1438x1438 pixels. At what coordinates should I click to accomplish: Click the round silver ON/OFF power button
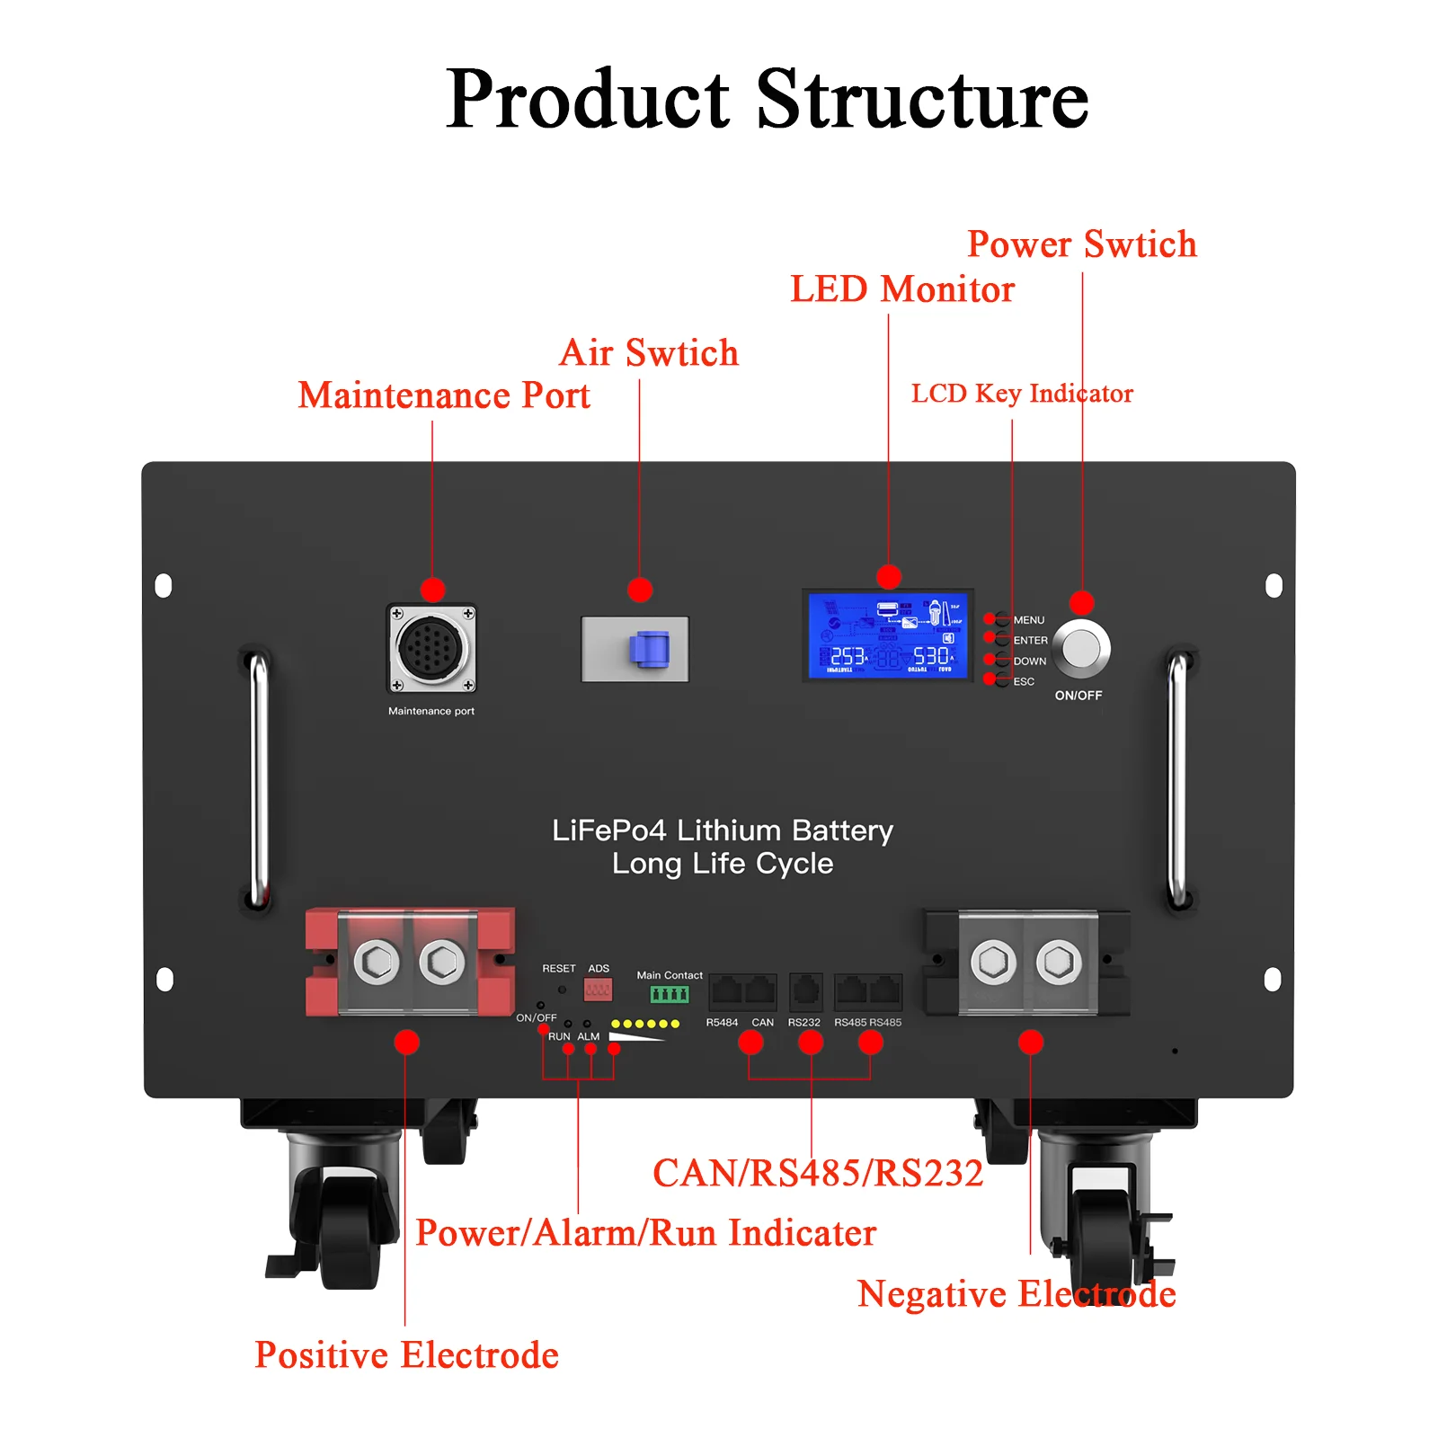tap(1081, 648)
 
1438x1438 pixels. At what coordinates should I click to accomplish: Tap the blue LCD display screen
tap(887, 635)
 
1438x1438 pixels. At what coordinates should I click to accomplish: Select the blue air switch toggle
tap(650, 649)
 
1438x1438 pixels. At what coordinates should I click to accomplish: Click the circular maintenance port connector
tap(431, 648)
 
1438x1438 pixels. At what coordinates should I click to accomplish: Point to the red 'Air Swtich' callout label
tap(648, 352)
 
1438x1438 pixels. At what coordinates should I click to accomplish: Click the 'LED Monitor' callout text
tap(901, 289)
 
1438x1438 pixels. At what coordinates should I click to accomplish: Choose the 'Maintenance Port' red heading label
tap(444, 395)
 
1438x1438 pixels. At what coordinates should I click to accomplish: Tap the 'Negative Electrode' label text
tap(1016, 1294)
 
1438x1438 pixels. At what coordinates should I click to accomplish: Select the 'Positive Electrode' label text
tap(406, 1354)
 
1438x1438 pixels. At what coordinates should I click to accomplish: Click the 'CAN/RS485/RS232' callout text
tap(818, 1173)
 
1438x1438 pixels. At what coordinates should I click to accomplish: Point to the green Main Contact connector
tap(670, 994)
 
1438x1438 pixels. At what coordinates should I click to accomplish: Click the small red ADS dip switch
tap(598, 990)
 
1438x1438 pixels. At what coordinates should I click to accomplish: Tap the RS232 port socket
tap(805, 992)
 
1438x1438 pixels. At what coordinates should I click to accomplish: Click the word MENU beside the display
tap(1029, 620)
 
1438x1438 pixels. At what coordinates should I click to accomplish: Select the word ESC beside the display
tap(1024, 681)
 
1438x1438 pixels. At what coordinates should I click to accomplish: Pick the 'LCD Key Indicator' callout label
tap(1022, 394)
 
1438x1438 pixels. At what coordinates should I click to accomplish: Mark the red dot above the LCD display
tap(888, 577)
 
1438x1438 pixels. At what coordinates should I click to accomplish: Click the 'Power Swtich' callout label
tap(1081, 244)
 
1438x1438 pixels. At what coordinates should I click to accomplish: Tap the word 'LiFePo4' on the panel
tap(608, 830)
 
